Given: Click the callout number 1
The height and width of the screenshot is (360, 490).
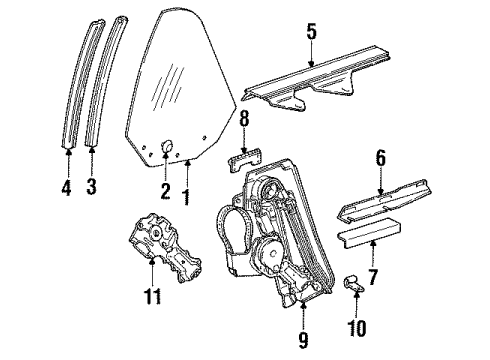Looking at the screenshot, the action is tap(187, 197).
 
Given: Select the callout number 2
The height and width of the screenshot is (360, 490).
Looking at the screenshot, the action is tap(165, 191).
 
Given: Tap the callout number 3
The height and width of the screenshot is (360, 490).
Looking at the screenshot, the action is tap(91, 186).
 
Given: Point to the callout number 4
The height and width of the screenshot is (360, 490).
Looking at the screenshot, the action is tap(67, 187).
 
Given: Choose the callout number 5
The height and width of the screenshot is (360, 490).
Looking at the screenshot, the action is tap(311, 32).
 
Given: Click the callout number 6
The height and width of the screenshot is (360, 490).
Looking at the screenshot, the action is tap(380, 158).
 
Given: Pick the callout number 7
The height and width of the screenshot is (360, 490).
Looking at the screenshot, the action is tap(373, 276).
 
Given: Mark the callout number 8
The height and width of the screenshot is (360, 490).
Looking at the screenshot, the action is tap(244, 118).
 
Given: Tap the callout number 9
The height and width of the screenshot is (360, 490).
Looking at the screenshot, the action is tap(303, 340).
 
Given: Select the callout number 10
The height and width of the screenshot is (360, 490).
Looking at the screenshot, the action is tap(356, 328).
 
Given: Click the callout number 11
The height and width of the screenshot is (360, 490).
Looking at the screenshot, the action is tap(152, 296).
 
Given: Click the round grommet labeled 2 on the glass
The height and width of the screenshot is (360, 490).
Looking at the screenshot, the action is tap(167, 146).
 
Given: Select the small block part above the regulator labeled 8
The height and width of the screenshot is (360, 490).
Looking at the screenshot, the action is tap(245, 160).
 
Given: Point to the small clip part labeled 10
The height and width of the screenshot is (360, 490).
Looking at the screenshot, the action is tap(354, 283).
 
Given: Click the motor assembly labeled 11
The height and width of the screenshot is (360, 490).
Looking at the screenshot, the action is tap(165, 249).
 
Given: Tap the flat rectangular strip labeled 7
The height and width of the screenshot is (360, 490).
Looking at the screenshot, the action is tap(369, 233).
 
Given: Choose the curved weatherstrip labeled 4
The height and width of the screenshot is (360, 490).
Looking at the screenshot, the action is tap(82, 82).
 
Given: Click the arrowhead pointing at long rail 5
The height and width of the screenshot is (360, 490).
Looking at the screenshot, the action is tap(311, 63).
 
